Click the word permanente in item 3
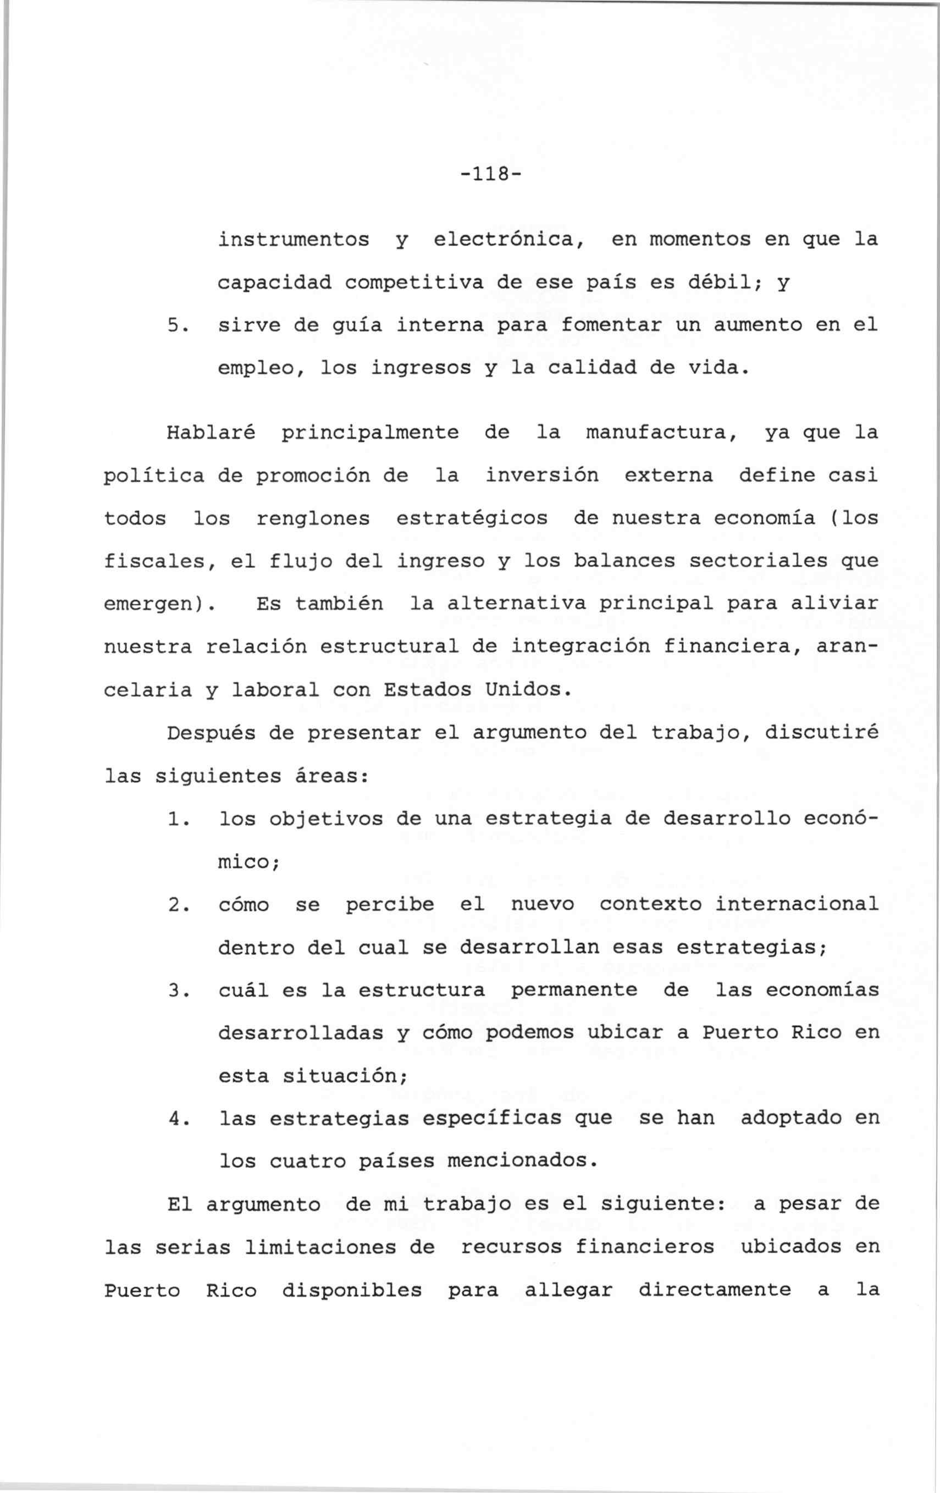click(573, 990)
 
